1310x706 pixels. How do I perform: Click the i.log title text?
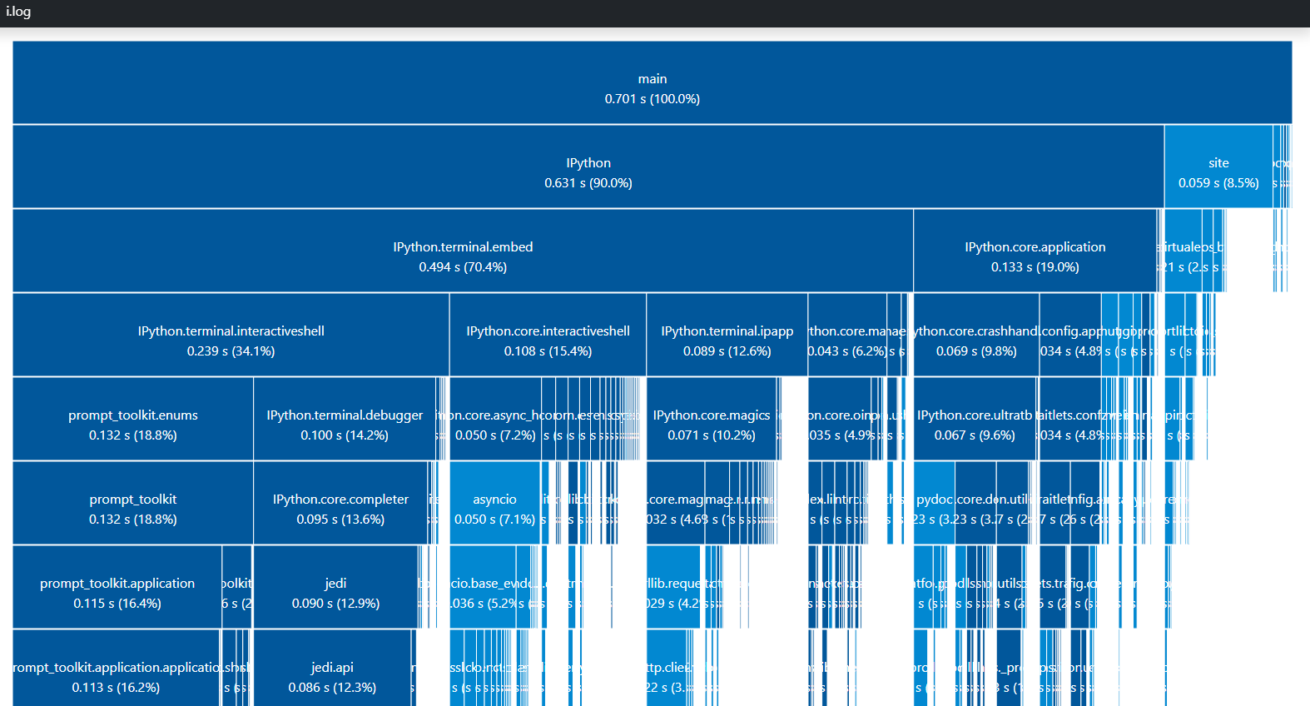coord(18,12)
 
